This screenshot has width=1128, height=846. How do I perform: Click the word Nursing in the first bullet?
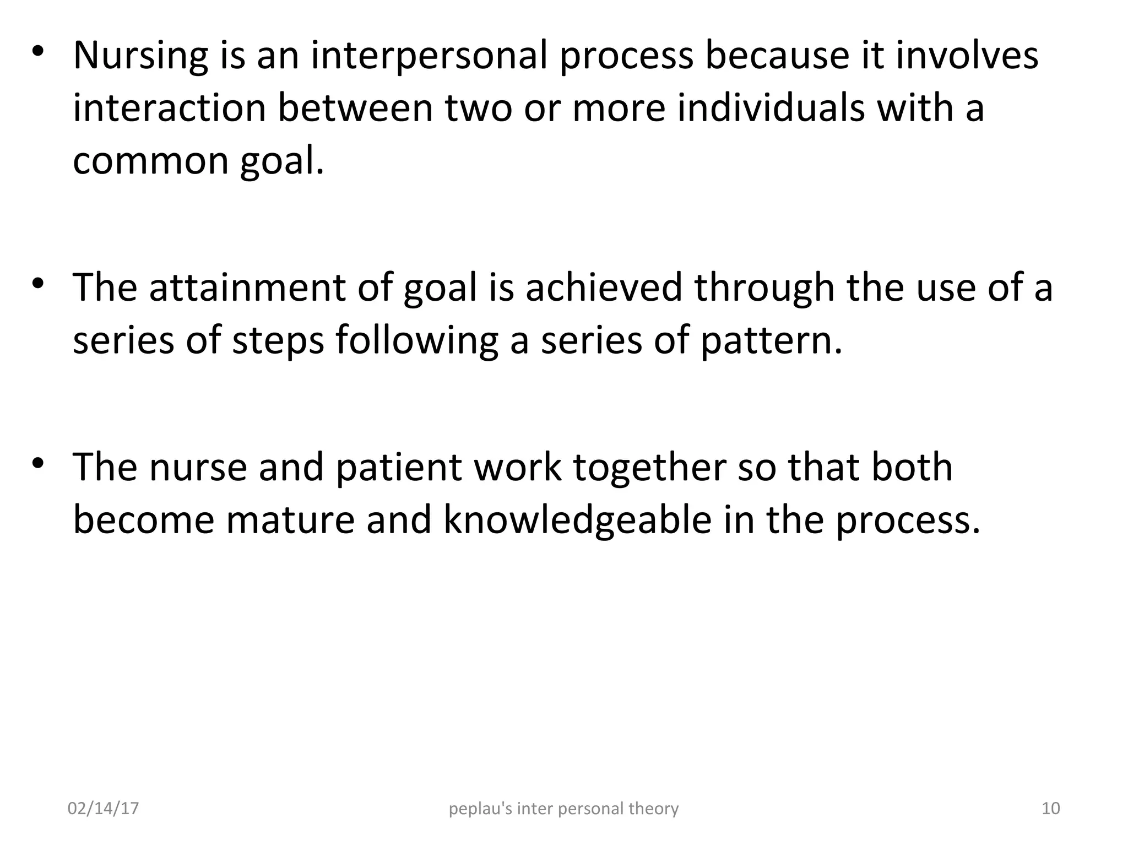140,56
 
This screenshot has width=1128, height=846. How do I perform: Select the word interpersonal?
429,56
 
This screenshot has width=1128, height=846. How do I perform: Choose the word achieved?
604,288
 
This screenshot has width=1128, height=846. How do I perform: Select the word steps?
278,340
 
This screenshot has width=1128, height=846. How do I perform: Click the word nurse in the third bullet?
198,468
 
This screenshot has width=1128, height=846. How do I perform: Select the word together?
649,468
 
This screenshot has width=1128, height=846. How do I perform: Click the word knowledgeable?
578,520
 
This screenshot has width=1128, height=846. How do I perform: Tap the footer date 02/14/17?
103,809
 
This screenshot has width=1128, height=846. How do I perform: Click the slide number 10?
1051,809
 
